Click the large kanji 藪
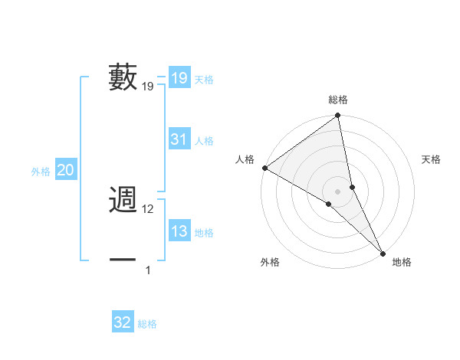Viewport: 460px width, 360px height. (123, 77)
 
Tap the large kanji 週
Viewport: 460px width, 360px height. (123, 200)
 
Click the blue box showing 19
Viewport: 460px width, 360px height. (179, 78)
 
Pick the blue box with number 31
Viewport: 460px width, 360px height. (179, 139)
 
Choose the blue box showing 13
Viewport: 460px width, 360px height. (179, 231)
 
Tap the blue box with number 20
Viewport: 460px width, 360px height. (66, 170)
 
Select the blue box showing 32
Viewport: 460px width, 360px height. (123, 322)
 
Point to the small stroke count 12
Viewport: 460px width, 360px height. (149, 209)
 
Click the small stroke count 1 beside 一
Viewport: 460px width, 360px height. (148, 270)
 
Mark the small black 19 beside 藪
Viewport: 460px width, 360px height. (148, 87)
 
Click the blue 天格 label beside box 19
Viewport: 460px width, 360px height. (204, 80)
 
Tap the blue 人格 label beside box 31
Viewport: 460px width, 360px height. (204, 141)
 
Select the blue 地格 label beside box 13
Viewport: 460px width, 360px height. (204, 233)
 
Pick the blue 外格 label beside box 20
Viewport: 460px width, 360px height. (41, 172)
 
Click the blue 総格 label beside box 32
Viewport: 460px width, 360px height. (147, 324)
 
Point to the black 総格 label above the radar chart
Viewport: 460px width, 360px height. (338, 100)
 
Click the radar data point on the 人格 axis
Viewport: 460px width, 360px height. (264, 168)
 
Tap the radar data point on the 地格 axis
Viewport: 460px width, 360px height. (382, 253)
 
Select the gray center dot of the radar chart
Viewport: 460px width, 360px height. (338, 191)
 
